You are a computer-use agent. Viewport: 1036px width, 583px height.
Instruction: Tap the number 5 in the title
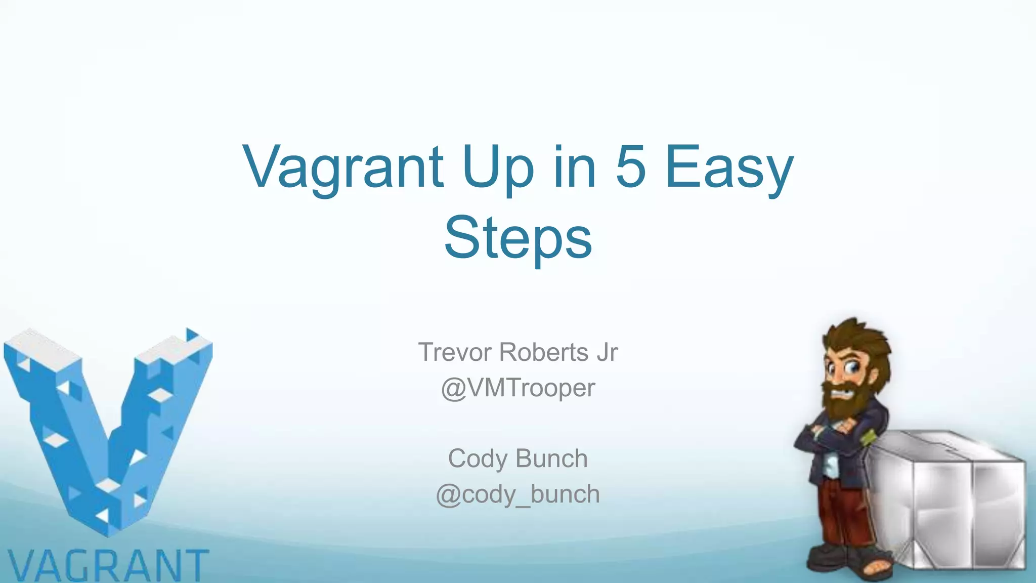point(630,167)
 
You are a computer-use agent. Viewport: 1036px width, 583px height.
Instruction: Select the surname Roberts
point(544,352)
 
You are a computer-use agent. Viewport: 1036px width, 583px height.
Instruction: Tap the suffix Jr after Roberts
point(607,352)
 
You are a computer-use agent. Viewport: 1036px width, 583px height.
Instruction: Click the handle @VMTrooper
point(517,388)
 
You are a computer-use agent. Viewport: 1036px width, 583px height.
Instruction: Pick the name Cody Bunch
point(517,459)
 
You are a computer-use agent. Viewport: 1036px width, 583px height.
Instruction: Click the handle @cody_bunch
point(517,494)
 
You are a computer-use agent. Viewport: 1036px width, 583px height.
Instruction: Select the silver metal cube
point(946,501)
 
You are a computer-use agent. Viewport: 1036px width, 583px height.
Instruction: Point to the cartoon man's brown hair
point(860,339)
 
